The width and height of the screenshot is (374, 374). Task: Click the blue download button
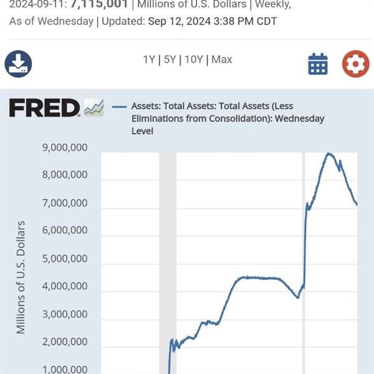(x=18, y=63)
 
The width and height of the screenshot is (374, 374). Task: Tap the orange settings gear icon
(x=355, y=64)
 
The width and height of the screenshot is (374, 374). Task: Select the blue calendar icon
(x=318, y=64)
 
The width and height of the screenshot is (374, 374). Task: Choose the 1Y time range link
(x=149, y=60)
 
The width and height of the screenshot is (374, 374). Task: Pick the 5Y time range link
(x=169, y=60)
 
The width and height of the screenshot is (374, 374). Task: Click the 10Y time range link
(x=194, y=60)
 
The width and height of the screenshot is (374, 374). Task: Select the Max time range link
(x=221, y=60)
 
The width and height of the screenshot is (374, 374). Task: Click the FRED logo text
(x=44, y=108)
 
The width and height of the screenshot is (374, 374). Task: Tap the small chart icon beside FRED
(x=94, y=108)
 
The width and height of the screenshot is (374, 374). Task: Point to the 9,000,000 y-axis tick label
(x=65, y=148)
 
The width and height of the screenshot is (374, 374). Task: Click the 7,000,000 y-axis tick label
(x=65, y=203)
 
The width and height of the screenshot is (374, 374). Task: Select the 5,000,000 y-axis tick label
(x=65, y=259)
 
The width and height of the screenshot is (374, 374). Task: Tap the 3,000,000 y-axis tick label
(x=65, y=314)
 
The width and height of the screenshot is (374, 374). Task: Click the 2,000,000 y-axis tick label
(x=65, y=342)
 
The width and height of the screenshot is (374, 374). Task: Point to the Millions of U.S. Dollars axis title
(x=22, y=277)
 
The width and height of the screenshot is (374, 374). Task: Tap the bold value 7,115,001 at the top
(x=100, y=4)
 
